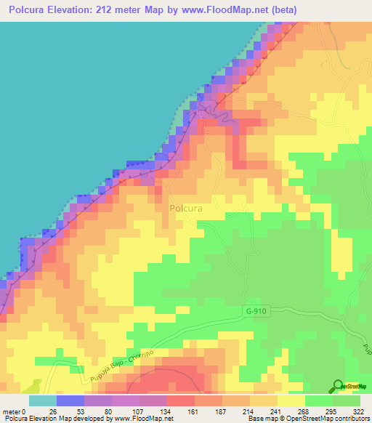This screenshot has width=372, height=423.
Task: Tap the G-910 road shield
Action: [254, 310]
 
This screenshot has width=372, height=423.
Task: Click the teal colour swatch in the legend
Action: [43, 400]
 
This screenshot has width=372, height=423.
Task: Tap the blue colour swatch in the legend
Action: [70, 400]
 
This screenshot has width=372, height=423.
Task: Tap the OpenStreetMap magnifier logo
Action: [338, 385]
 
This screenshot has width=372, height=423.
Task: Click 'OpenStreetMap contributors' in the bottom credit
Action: [327, 418]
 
